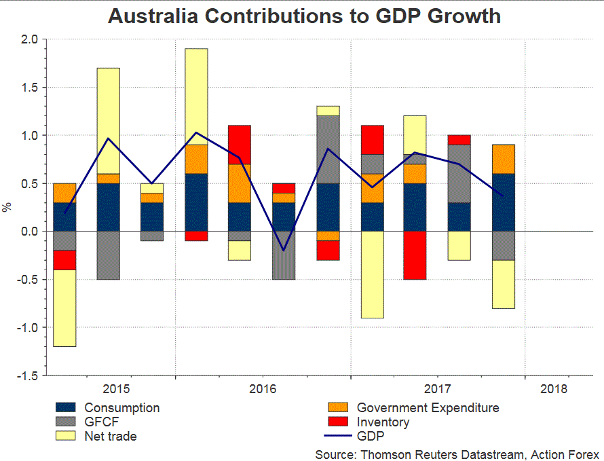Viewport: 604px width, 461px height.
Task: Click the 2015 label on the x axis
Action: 116,389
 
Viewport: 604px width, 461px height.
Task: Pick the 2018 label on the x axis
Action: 554,389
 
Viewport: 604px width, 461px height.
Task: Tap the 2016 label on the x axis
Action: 263,389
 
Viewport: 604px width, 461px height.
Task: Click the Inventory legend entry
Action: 383,422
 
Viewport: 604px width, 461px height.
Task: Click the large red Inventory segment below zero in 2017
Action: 415,255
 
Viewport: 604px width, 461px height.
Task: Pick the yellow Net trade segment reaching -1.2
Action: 65,308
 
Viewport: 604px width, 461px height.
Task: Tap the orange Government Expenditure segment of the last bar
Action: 503,159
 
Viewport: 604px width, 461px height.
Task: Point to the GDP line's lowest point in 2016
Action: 284,250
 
